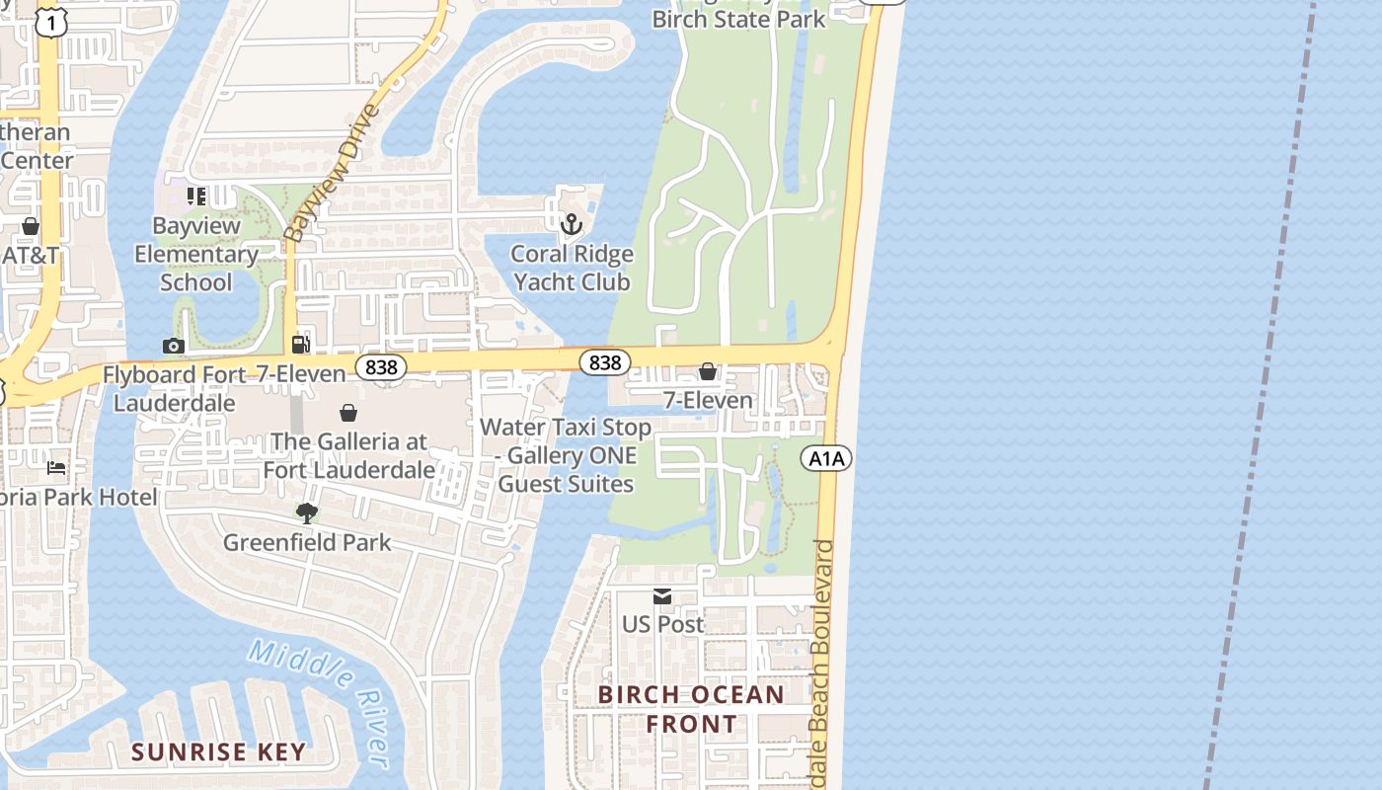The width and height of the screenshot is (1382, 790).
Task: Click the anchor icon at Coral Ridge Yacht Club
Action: point(572,225)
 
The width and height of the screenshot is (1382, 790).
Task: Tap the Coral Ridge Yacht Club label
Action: point(572,268)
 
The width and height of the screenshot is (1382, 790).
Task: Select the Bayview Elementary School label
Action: point(196,254)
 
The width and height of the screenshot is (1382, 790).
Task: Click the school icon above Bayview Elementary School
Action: point(196,197)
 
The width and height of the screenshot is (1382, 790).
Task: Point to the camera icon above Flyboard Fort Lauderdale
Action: point(173,346)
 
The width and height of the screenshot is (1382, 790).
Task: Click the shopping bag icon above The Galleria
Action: point(348,413)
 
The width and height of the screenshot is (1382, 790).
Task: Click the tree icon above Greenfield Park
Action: point(307,513)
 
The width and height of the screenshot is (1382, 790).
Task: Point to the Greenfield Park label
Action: point(307,542)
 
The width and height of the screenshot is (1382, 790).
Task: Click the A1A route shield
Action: point(826,458)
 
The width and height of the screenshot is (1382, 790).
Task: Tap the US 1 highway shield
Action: point(51,22)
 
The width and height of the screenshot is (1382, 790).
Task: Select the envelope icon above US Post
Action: point(662,595)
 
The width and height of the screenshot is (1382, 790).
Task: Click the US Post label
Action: point(662,624)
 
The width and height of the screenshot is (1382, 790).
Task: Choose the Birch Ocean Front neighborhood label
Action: point(691,709)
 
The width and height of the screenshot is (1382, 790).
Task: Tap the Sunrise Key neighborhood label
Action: point(219,751)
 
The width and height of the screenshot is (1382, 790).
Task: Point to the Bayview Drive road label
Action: point(330,173)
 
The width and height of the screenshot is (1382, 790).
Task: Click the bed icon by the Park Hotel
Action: point(56,467)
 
